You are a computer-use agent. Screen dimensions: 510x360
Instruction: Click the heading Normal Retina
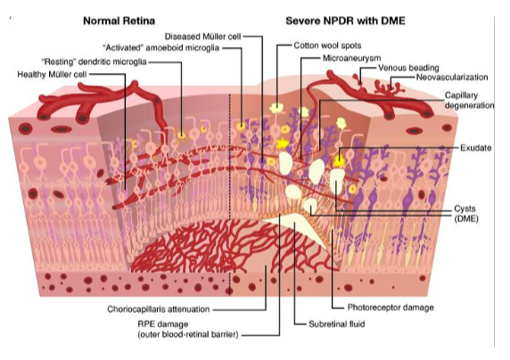(119, 21)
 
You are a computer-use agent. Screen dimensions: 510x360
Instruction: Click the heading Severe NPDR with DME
(345, 21)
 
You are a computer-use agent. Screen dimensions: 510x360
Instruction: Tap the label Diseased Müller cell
(202, 37)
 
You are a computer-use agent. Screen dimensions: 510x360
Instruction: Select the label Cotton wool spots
(327, 45)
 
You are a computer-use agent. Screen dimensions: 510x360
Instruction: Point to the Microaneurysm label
(351, 58)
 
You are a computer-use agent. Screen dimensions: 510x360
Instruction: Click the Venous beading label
(408, 68)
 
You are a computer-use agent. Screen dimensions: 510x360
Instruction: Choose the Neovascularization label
(452, 78)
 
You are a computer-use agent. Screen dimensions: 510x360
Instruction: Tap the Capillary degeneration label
(469, 100)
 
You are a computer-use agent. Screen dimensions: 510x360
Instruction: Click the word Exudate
(476, 148)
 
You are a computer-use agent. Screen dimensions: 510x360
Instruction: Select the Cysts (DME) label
(466, 214)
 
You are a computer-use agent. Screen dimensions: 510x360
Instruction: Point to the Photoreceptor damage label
(391, 307)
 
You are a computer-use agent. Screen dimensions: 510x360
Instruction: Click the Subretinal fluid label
(337, 324)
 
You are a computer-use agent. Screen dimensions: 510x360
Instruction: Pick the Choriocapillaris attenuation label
(159, 309)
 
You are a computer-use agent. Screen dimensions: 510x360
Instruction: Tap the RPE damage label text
(188, 329)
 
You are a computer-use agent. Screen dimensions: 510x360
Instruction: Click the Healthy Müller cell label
(52, 75)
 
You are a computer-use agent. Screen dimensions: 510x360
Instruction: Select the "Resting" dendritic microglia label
(94, 61)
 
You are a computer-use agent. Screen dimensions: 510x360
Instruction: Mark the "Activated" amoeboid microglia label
(160, 48)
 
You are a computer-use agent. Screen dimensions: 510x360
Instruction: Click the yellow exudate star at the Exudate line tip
(339, 160)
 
